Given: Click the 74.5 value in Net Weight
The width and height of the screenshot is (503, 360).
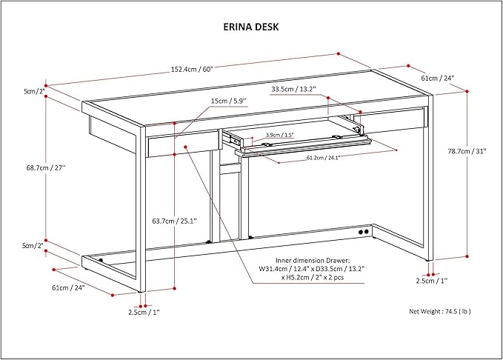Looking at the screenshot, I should tap(450, 311).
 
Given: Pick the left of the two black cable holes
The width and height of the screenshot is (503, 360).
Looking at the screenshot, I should tap(361, 232).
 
